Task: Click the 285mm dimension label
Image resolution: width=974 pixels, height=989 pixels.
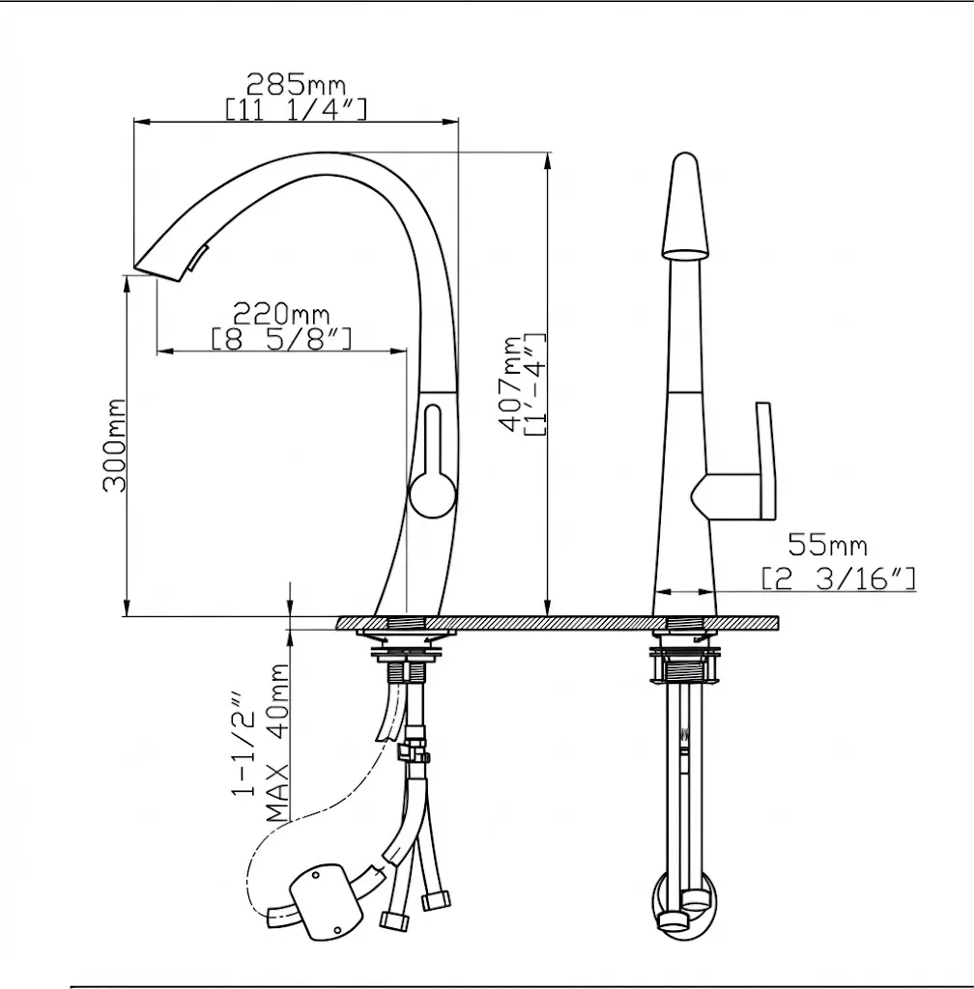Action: (x=296, y=84)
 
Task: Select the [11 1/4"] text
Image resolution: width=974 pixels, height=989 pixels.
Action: (x=296, y=109)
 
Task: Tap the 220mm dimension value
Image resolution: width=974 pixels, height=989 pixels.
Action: (x=281, y=314)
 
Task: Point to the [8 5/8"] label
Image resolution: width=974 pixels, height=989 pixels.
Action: (x=281, y=339)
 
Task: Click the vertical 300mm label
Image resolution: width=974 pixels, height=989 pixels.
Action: (x=115, y=445)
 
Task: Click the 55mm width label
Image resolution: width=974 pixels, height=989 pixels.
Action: (x=828, y=545)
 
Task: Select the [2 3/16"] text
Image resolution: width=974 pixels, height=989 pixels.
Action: (x=839, y=579)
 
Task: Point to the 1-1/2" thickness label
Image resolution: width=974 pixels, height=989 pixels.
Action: (x=243, y=745)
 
